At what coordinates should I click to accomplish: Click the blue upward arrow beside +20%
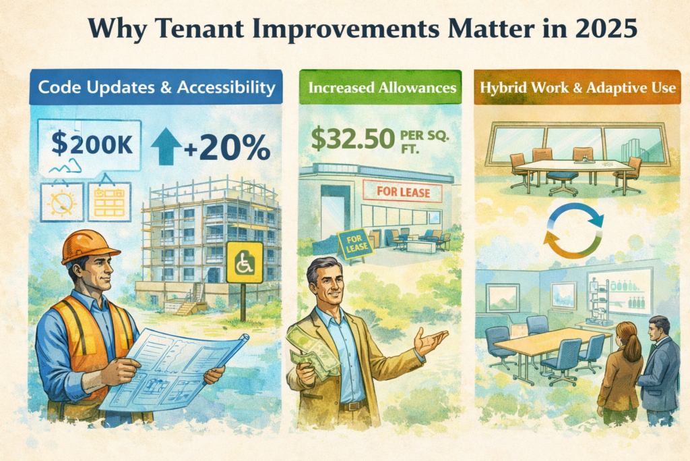point(165,146)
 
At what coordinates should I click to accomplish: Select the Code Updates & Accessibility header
point(156,87)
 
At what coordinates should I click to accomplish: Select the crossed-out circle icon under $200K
point(62,202)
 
